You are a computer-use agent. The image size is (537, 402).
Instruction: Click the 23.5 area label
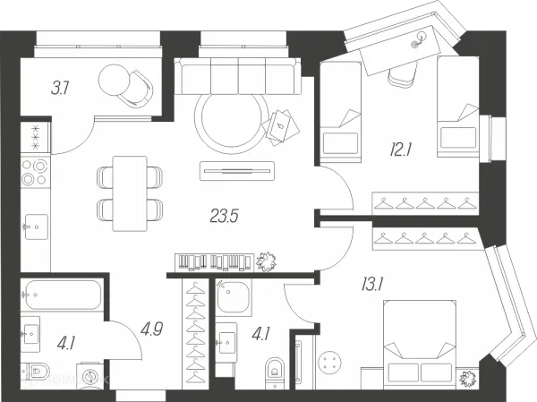pos(224,217)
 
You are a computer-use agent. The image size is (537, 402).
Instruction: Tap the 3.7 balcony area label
pos(60,88)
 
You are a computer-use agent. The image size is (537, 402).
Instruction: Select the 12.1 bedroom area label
pos(400,150)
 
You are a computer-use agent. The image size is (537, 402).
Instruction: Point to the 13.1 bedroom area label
pos(372,284)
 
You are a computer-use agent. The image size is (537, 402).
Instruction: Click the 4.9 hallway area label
pos(151,329)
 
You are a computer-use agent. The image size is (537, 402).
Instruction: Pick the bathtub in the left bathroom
pos(62,295)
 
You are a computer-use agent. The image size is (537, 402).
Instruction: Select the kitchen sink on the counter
pos(36,227)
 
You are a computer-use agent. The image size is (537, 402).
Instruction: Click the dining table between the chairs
pos(130,193)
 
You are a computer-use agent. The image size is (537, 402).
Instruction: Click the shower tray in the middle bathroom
pos(234,297)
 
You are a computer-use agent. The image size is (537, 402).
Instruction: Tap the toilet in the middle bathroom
pos(275,371)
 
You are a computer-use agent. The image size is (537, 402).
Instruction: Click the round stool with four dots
pos(329,363)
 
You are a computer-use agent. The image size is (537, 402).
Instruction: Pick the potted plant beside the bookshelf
pos(266,262)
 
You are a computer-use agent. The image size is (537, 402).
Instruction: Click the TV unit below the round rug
pos(237,171)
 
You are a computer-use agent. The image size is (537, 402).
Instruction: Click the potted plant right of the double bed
pos(468,379)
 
